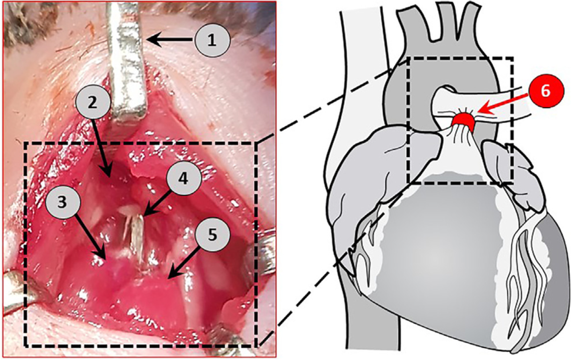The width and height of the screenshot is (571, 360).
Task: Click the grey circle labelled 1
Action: pyautogui.click(x=212, y=41)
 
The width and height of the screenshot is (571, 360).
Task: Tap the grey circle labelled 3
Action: pyautogui.click(x=62, y=202)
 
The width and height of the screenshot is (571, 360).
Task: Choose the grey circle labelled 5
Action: pyautogui.click(x=212, y=235)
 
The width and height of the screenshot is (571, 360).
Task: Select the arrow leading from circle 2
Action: pyautogui.click(x=102, y=148)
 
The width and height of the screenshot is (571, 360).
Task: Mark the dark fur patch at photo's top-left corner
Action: pyautogui.click(x=19, y=19)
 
